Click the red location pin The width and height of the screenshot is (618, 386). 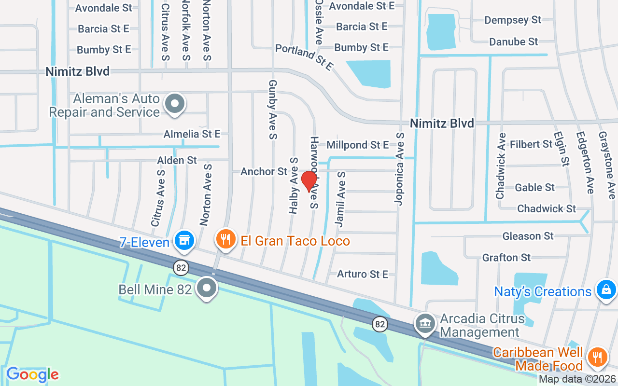pos(309,180)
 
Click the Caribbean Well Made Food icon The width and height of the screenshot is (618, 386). pos(598,358)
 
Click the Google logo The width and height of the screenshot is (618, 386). pos(32,374)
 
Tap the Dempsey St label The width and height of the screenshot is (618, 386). pos(513,20)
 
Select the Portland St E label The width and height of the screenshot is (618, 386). pos(304,57)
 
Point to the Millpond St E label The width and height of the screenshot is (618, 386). pos(357,145)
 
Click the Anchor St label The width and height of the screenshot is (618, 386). pos(264,171)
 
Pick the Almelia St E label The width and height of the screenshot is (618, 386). pos(192,134)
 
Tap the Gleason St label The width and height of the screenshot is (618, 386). pos(528,236)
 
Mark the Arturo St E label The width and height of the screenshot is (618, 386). pos(363,274)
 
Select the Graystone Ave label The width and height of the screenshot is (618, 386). pos(607,165)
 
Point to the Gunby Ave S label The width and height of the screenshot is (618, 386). pos(272,110)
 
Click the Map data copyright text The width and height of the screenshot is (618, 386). pos(577,379)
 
